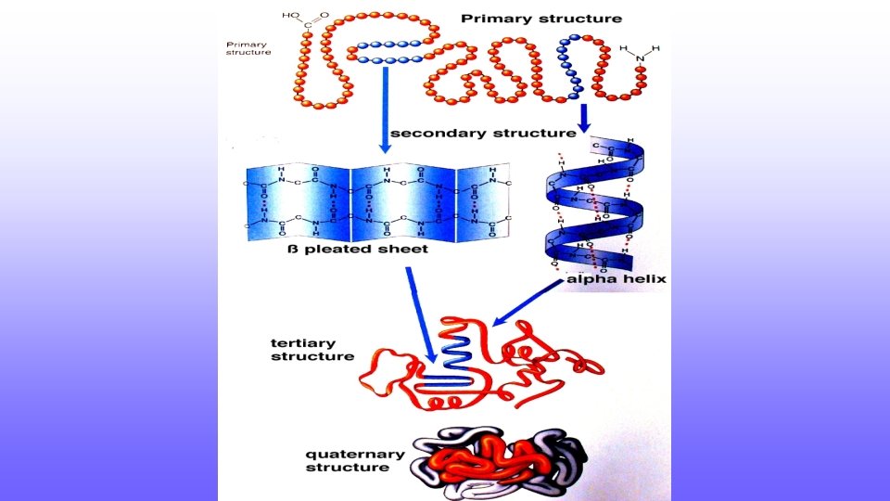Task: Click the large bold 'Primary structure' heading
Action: pos(541,19)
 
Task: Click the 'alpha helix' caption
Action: pos(617,278)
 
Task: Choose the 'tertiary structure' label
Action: pos(312,349)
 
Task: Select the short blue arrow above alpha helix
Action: pos(584,116)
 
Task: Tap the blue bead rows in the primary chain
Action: pos(389,52)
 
